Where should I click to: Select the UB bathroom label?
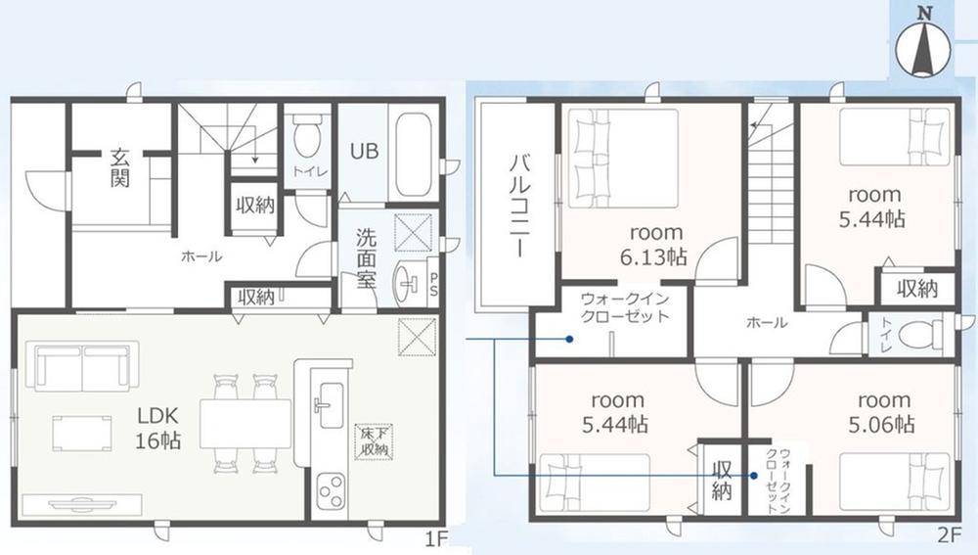[x=364, y=151]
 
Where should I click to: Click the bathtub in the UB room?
[x=414, y=152]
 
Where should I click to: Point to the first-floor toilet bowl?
[x=306, y=137]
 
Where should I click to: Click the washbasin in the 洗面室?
[x=409, y=284]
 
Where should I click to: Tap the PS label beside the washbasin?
[x=433, y=285]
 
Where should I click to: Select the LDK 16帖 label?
[x=158, y=428]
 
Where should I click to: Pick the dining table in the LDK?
[x=245, y=423]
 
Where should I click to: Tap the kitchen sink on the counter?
[x=331, y=404]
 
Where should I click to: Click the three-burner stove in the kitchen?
[x=331, y=490]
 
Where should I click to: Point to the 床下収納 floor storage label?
[x=375, y=441]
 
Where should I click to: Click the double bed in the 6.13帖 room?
[x=622, y=159]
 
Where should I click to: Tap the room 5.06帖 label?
[x=883, y=412]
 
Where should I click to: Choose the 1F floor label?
[x=436, y=538]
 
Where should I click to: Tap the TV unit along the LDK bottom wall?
[x=82, y=504]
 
